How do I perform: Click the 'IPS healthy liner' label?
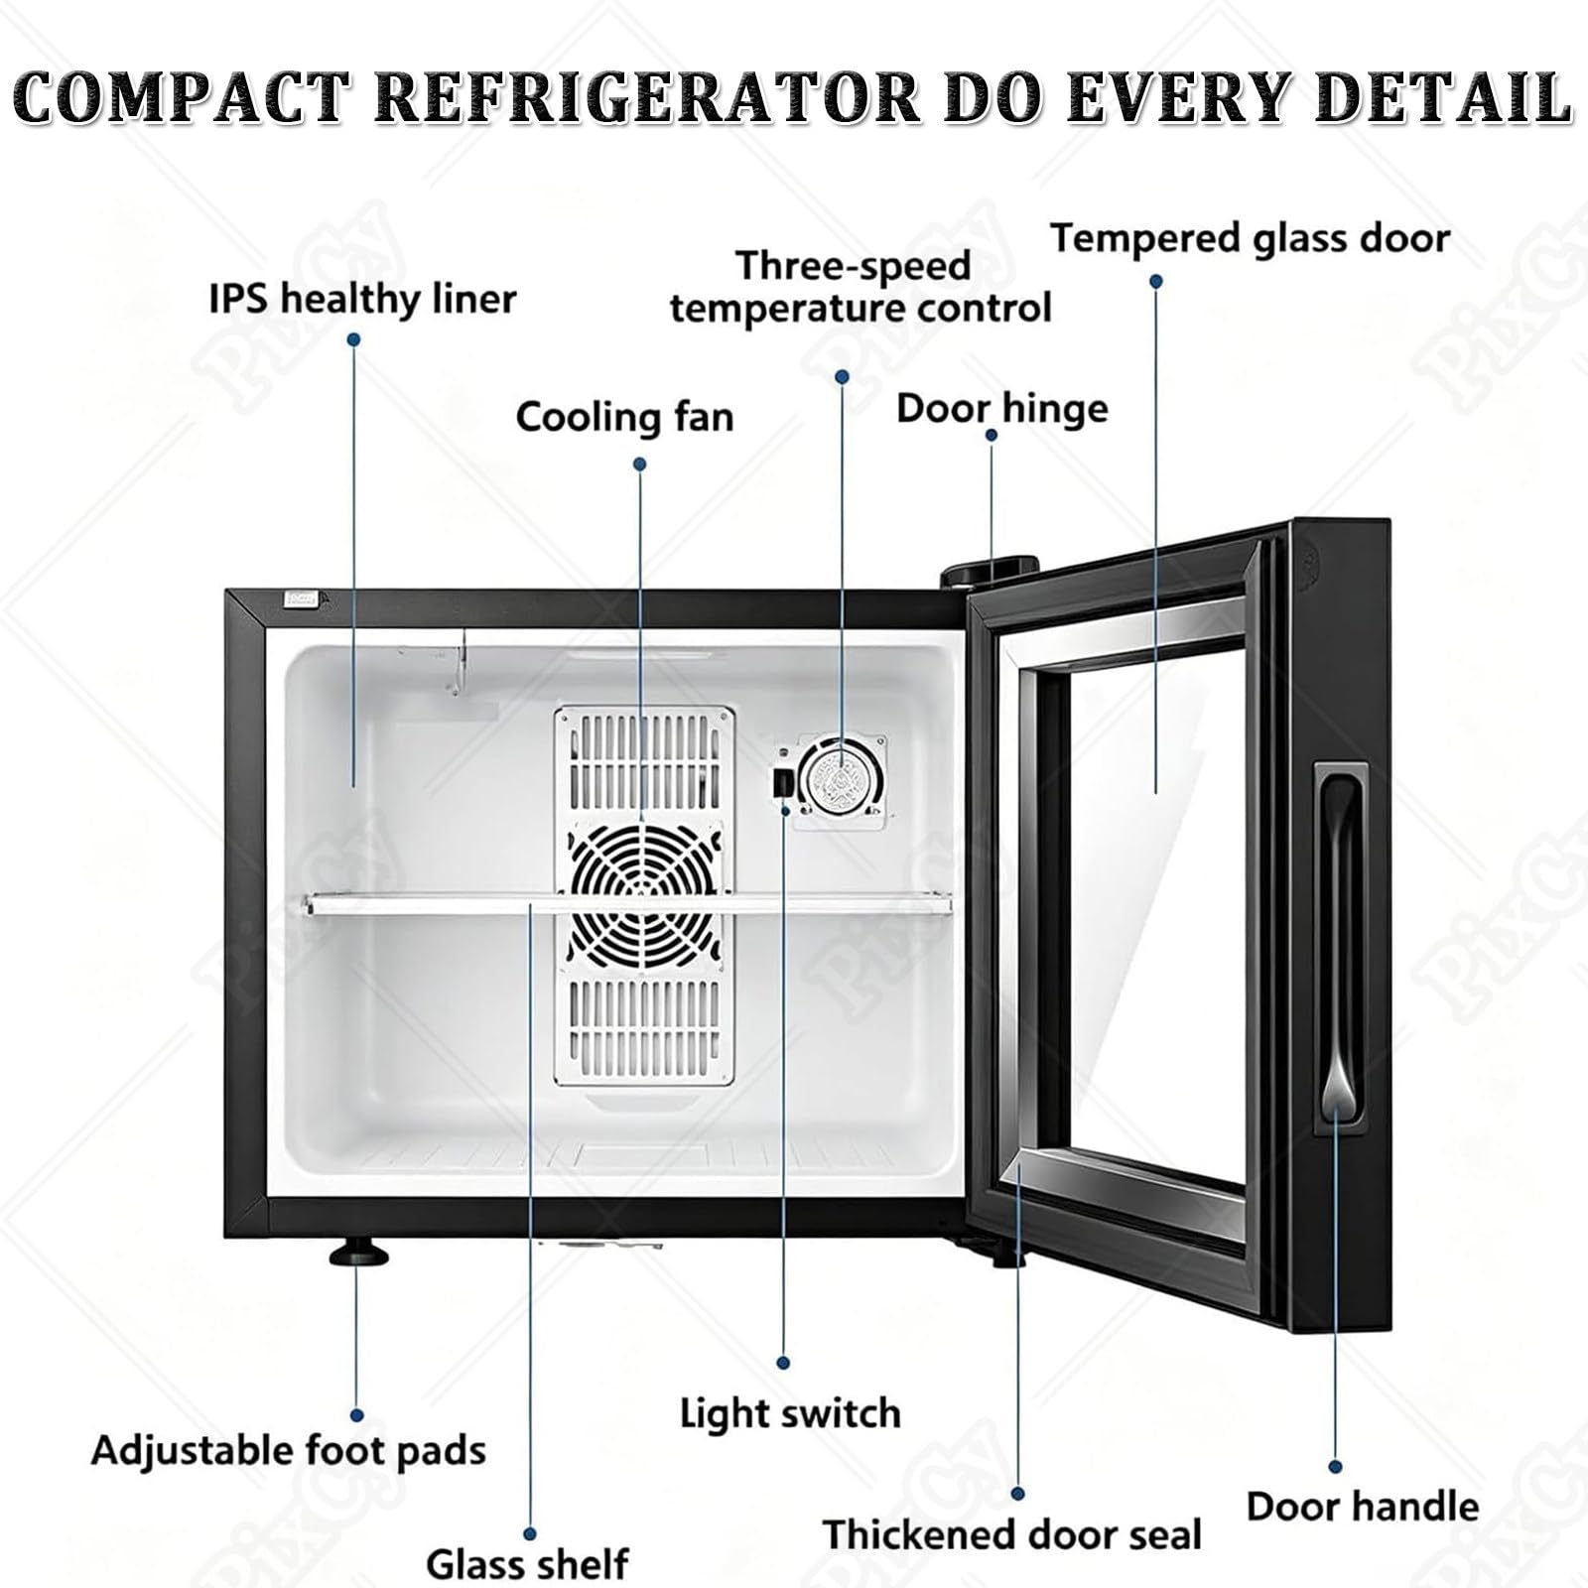coord(362,299)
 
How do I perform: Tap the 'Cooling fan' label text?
coord(624,417)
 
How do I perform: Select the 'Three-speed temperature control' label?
coord(860,287)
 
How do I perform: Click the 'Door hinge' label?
coord(1001,409)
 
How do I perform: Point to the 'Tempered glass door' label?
coord(1251,239)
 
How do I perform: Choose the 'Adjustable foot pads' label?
coord(289,1451)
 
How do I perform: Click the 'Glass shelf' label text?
coord(527,1564)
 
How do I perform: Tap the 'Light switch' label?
coord(790,1413)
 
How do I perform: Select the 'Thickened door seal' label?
coord(1011,1534)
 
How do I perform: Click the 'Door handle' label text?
coord(1363,1507)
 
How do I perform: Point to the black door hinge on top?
coord(968,574)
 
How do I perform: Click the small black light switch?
coord(782,780)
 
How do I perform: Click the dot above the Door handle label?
coord(1335,1467)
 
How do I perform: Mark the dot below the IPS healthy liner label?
coord(353,339)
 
